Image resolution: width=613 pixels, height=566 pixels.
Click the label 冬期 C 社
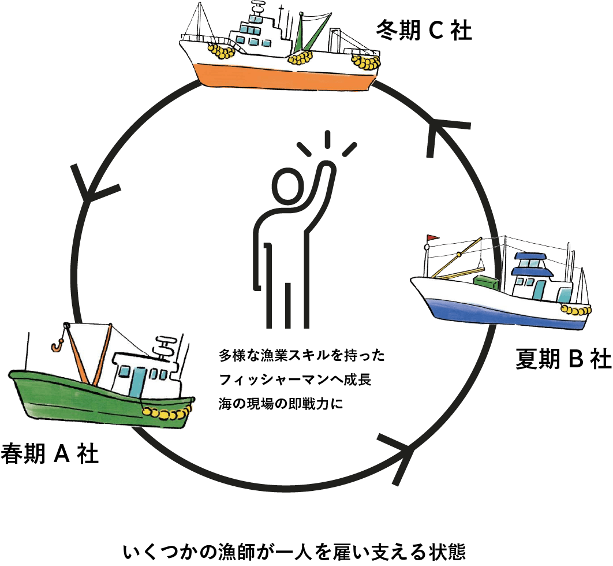tap(423, 30)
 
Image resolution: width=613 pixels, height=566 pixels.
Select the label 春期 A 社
tap(50, 453)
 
